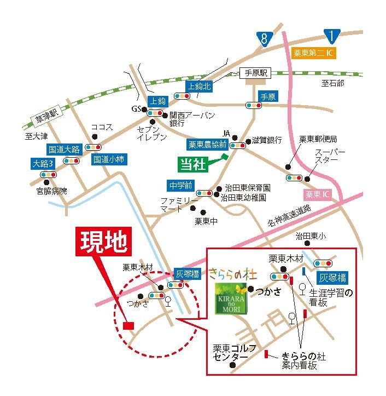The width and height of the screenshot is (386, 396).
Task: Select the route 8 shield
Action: coord(265,38)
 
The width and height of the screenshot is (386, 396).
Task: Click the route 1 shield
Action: coord(331,36)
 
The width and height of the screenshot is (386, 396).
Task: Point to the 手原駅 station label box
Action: coord(256,73)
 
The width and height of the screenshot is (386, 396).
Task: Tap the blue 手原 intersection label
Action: coord(268,96)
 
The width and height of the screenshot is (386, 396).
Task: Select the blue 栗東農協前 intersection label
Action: coord(208,145)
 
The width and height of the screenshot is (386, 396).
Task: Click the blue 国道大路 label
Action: coord(64,148)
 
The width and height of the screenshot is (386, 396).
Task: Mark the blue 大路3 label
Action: coord(44,163)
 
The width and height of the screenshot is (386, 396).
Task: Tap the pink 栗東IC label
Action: coord(317,194)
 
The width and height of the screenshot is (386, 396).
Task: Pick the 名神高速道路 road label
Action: coord(289,215)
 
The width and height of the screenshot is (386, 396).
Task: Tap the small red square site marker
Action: coord(128,325)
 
